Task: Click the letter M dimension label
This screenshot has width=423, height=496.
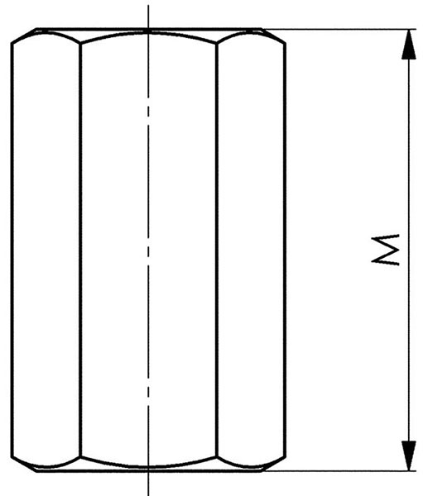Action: point(385,250)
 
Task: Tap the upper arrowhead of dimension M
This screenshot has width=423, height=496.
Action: point(409,45)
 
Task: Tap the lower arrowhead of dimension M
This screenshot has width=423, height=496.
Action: point(409,455)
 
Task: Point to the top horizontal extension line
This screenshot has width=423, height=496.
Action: point(339,30)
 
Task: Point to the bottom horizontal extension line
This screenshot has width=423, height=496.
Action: point(339,470)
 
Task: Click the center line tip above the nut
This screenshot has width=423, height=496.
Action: point(148,6)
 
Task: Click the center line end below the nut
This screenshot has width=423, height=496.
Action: point(148,494)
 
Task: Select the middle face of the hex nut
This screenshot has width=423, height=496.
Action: point(148,250)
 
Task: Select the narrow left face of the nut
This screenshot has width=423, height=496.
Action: point(46,250)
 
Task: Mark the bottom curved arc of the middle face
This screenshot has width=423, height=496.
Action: point(148,466)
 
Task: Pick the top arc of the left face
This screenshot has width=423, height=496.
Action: point(46,34)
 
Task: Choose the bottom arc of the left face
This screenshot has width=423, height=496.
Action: point(46,466)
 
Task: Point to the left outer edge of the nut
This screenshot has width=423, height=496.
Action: point(12,250)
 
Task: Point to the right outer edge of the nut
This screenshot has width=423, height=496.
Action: point(285,250)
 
